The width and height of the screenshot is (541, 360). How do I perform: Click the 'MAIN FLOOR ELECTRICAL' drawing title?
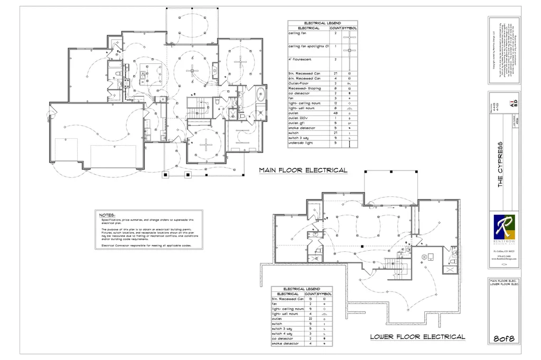(x=303, y=170)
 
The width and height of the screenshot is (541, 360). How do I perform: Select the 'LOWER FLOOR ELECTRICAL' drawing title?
(x=417, y=337)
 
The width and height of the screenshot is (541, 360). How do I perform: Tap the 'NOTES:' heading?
(x=107, y=215)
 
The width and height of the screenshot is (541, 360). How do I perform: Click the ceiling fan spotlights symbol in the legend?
(x=349, y=49)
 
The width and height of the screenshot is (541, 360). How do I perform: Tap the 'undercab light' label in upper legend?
(x=299, y=143)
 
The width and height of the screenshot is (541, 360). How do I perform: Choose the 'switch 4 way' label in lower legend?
(x=284, y=334)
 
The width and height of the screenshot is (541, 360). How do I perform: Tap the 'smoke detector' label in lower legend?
(x=285, y=344)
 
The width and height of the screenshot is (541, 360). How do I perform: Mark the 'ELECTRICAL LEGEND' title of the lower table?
(x=301, y=289)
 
